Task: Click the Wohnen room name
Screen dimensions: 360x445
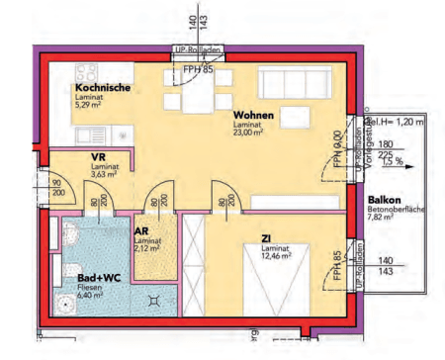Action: pos(253,116)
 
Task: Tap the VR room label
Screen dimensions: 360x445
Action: pos(98,158)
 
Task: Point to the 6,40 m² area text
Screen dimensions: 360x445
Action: pos(92,296)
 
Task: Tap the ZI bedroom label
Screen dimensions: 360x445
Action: pos(266,237)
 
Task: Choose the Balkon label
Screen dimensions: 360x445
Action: pos(384,199)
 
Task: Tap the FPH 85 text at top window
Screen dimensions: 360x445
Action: pos(198,70)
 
